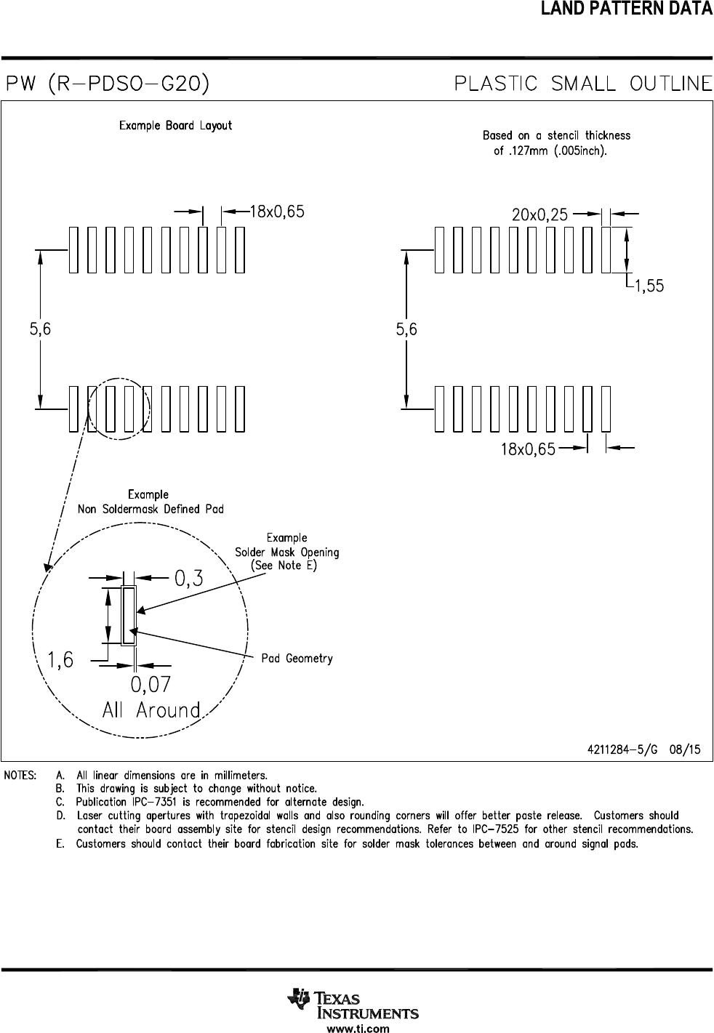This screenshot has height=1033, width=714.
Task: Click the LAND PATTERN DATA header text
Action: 626,8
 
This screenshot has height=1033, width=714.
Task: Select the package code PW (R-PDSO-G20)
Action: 108,84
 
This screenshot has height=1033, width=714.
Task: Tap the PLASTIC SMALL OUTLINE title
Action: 583,84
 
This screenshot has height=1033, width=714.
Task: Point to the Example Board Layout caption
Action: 175,126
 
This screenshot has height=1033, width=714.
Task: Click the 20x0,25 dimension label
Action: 539,215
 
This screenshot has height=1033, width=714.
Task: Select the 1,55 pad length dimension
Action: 649,286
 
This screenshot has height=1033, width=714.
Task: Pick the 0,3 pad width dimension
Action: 188,578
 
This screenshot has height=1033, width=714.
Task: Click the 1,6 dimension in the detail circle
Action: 61,660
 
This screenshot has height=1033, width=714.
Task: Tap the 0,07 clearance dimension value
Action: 151,684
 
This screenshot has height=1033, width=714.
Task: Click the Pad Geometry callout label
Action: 297,659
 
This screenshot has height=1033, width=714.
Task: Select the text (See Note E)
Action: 284,566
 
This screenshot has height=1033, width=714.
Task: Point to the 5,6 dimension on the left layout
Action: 40,329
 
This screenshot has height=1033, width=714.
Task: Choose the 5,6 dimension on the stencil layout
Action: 406,329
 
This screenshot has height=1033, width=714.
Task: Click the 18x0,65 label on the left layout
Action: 277,212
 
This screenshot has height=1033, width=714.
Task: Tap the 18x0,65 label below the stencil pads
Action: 528,449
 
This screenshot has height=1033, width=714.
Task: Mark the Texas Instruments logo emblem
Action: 298,1000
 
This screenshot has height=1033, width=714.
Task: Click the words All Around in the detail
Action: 151,710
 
